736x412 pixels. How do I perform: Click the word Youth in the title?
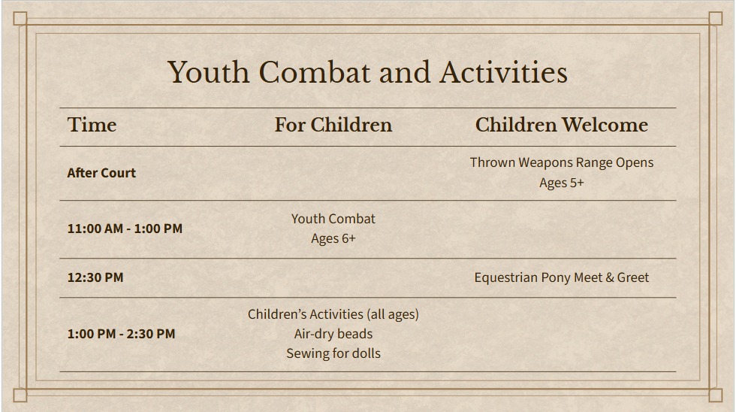pos(209,73)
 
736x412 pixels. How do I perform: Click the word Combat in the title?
pos(315,73)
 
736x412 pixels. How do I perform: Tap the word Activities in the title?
pos(504,73)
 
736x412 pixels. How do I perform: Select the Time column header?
pos(92,125)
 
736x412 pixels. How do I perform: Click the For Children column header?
pos(333,125)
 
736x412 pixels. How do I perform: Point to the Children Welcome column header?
pos(562,125)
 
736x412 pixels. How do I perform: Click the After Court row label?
pos(101,173)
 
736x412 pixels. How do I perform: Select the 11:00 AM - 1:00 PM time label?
pos(125,229)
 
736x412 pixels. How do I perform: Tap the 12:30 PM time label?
pos(95,277)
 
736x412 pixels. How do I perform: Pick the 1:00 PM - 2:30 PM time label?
pos(121,334)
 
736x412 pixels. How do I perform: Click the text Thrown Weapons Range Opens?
pos(562,162)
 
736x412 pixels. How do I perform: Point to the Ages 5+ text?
pos(562,183)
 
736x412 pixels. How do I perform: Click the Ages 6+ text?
pos(333,238)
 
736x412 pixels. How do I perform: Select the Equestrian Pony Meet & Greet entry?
pos(562,277)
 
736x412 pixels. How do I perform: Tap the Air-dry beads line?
pos(333,334)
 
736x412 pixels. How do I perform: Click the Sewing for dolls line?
pos(333,354)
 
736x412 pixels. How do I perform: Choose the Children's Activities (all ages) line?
pos(333,314)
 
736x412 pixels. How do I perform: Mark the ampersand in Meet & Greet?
pos(609,277)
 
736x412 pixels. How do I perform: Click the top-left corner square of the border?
pos(20,18)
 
